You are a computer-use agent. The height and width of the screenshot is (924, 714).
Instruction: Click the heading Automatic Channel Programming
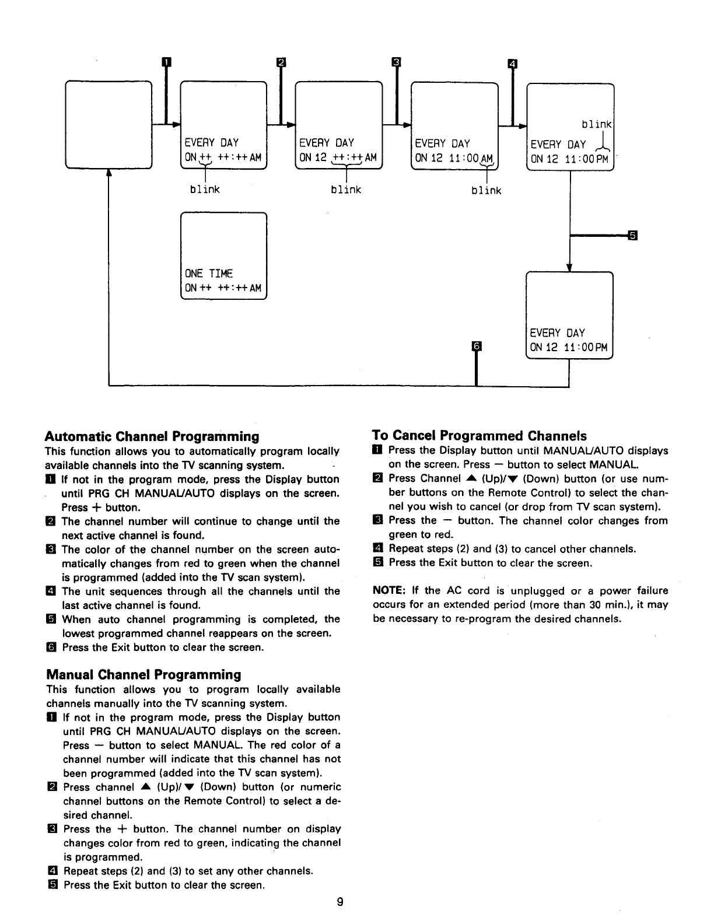152,436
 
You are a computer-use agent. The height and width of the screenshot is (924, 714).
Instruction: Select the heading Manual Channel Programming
143,674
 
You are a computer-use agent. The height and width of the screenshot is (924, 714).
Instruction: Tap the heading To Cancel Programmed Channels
479,436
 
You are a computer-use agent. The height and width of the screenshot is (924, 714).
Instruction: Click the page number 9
340,902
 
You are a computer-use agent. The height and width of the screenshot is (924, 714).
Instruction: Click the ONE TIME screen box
224,256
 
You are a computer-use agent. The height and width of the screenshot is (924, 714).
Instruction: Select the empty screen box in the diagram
109,125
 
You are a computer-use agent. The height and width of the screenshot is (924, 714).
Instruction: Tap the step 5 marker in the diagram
632,235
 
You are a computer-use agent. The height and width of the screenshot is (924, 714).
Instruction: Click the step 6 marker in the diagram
477,346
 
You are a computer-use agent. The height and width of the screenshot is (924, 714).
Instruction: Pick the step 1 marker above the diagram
166,62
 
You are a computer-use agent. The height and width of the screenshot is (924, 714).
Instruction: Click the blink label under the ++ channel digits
205,190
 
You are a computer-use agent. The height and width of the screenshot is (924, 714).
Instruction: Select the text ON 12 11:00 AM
453,157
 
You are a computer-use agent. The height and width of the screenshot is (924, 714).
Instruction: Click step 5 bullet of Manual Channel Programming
51,885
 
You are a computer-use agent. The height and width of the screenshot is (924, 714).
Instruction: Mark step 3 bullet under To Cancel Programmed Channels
377,520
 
